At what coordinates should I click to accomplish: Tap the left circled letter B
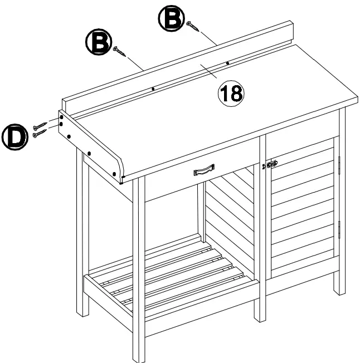pyautogui.click(x=97, y=43)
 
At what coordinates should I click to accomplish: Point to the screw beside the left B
pyautogui.click(x=120, y=52)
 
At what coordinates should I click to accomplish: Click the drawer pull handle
pyautogui.click(x=204, y=169)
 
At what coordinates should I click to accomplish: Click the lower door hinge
pyautogui.click(x=339, y=228)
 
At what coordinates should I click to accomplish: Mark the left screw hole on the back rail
pyautogui.click(x=153, y=88)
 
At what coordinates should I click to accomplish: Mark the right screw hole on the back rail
pyautogui.click(x=227, y=63)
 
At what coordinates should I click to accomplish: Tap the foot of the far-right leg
pyautogui.click(x=339, y=290)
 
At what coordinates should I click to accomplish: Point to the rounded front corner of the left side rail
pyautogui.click(x=119, y=170)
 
